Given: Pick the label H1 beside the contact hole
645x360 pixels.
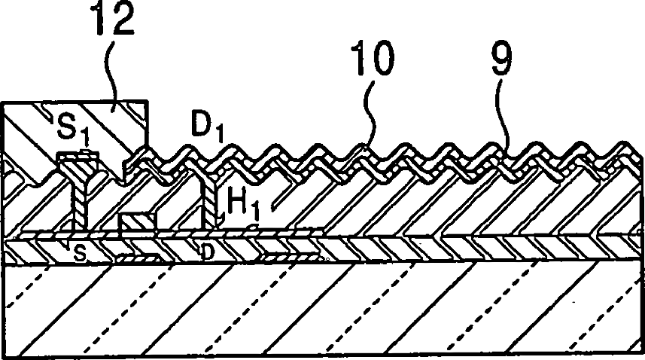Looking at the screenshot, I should [239, 203].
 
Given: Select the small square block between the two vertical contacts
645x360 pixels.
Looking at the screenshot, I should [138, 224].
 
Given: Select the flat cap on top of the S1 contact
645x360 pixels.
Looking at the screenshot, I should [78, 157].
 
